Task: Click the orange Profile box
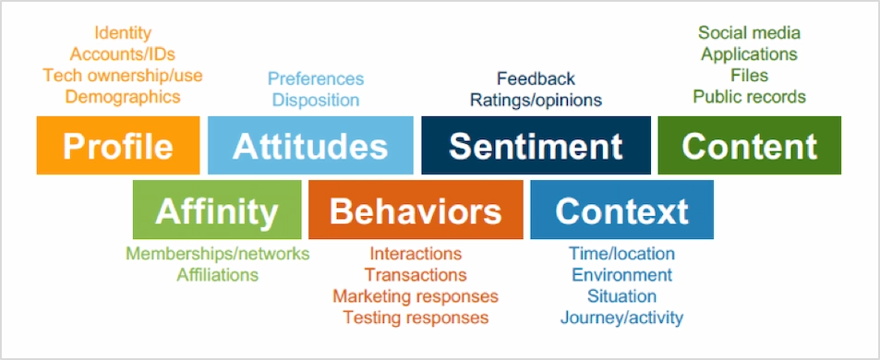pos(118,145)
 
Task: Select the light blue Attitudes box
pos(310,145)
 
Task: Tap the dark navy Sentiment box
pos(536,145)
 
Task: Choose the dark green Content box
pos(749,145)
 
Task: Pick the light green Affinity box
pos(217,210)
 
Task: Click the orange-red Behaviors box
pos(416,210)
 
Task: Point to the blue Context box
pos(621,210)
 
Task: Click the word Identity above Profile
pos(123,33)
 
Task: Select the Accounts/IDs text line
pos(123,54)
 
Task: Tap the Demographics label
pos(123,96)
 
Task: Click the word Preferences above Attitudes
pos(316,78)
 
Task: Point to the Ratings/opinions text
pos(536,99)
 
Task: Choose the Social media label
pos(749,33)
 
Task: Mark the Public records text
pos(749,96)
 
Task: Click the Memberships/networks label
pos(218,253)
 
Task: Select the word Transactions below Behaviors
pos(416,274)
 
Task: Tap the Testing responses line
pos(416,318)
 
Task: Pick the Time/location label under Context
pos(621,253)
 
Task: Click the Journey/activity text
pos(621,318)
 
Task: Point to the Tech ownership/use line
pos(123,75)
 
